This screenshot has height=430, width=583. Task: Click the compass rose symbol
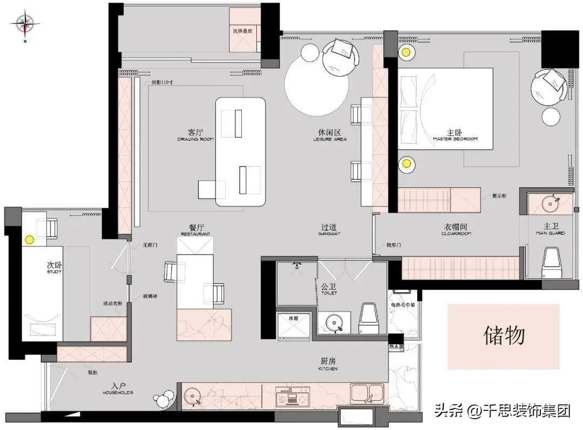pyautogui.click(x=25, y=23)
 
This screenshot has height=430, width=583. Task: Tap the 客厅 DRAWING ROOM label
pyautogui.click(x=195, y=134)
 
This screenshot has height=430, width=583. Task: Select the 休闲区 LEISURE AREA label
pyautogui.click(x=329, y=134)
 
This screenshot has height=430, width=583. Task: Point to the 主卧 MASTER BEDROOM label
pyautogui.click(x=455, y=134)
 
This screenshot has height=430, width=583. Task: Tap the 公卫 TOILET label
pyautogui.click(x=329, y=289)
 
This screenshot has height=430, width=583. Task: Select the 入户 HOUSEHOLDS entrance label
pyautogui.click(x=119, y=388)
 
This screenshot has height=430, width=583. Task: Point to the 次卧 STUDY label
pyautogui.click(x=54, y=268)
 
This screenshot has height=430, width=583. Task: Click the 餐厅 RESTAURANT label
pyautogui.click(x=195, y=230)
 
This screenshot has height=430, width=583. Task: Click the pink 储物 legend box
pyautogui.click(x=503, y=336)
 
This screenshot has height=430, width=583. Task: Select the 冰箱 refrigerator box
pyautogui.click(x=293, y=325)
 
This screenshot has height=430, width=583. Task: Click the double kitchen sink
pyautogui.click(x=368, y=394)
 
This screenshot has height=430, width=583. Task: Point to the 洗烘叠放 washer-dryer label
pyautogui.click(x=243, y=31)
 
